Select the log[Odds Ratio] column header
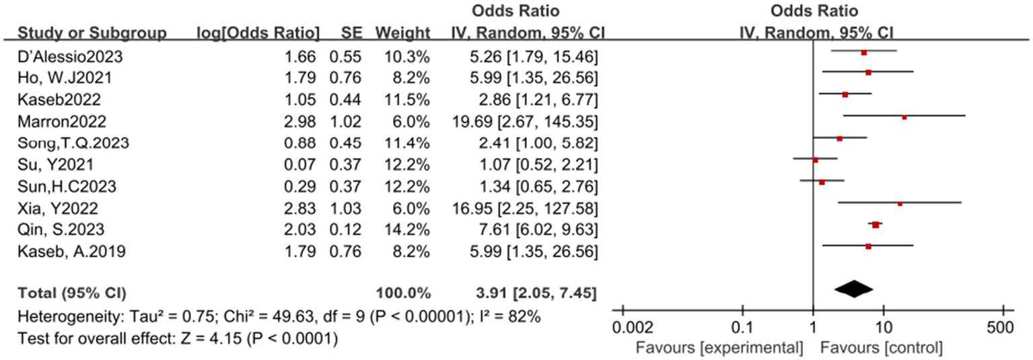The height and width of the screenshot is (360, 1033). tap(258, 32)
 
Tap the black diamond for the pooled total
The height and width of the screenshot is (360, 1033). tap(853, 287)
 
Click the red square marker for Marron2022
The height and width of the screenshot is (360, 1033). tap(904, 117)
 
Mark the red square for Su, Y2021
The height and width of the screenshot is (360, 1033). tap(815, 160)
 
